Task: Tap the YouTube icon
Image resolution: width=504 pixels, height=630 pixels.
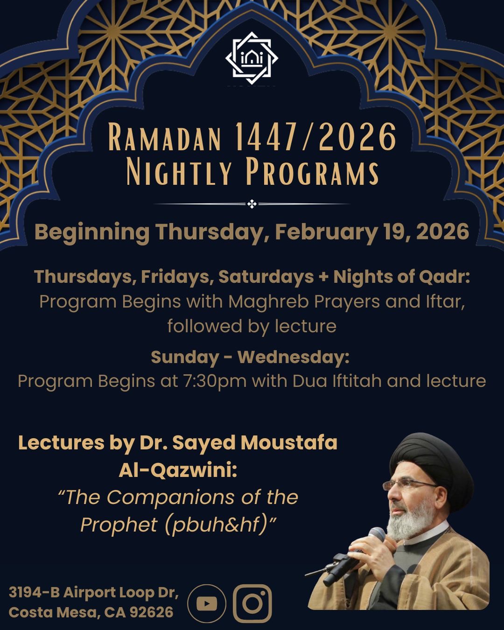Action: [207, 603]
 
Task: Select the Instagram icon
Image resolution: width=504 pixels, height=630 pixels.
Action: [252, 603]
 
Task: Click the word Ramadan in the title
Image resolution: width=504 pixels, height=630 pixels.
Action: [165, 138]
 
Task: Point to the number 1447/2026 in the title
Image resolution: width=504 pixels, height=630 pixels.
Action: [315, 137]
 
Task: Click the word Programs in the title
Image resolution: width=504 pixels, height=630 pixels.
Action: [312, 172]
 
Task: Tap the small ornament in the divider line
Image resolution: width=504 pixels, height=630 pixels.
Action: [252, 204]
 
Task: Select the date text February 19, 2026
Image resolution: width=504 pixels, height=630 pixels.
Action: [372, 232]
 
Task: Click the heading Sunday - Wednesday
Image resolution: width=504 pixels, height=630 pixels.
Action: [250, 357]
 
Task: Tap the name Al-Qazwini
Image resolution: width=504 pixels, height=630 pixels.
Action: [178, 470]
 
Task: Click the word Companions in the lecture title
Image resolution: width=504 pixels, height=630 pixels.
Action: [170, 497]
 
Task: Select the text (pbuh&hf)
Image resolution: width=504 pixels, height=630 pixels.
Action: [216, 525]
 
